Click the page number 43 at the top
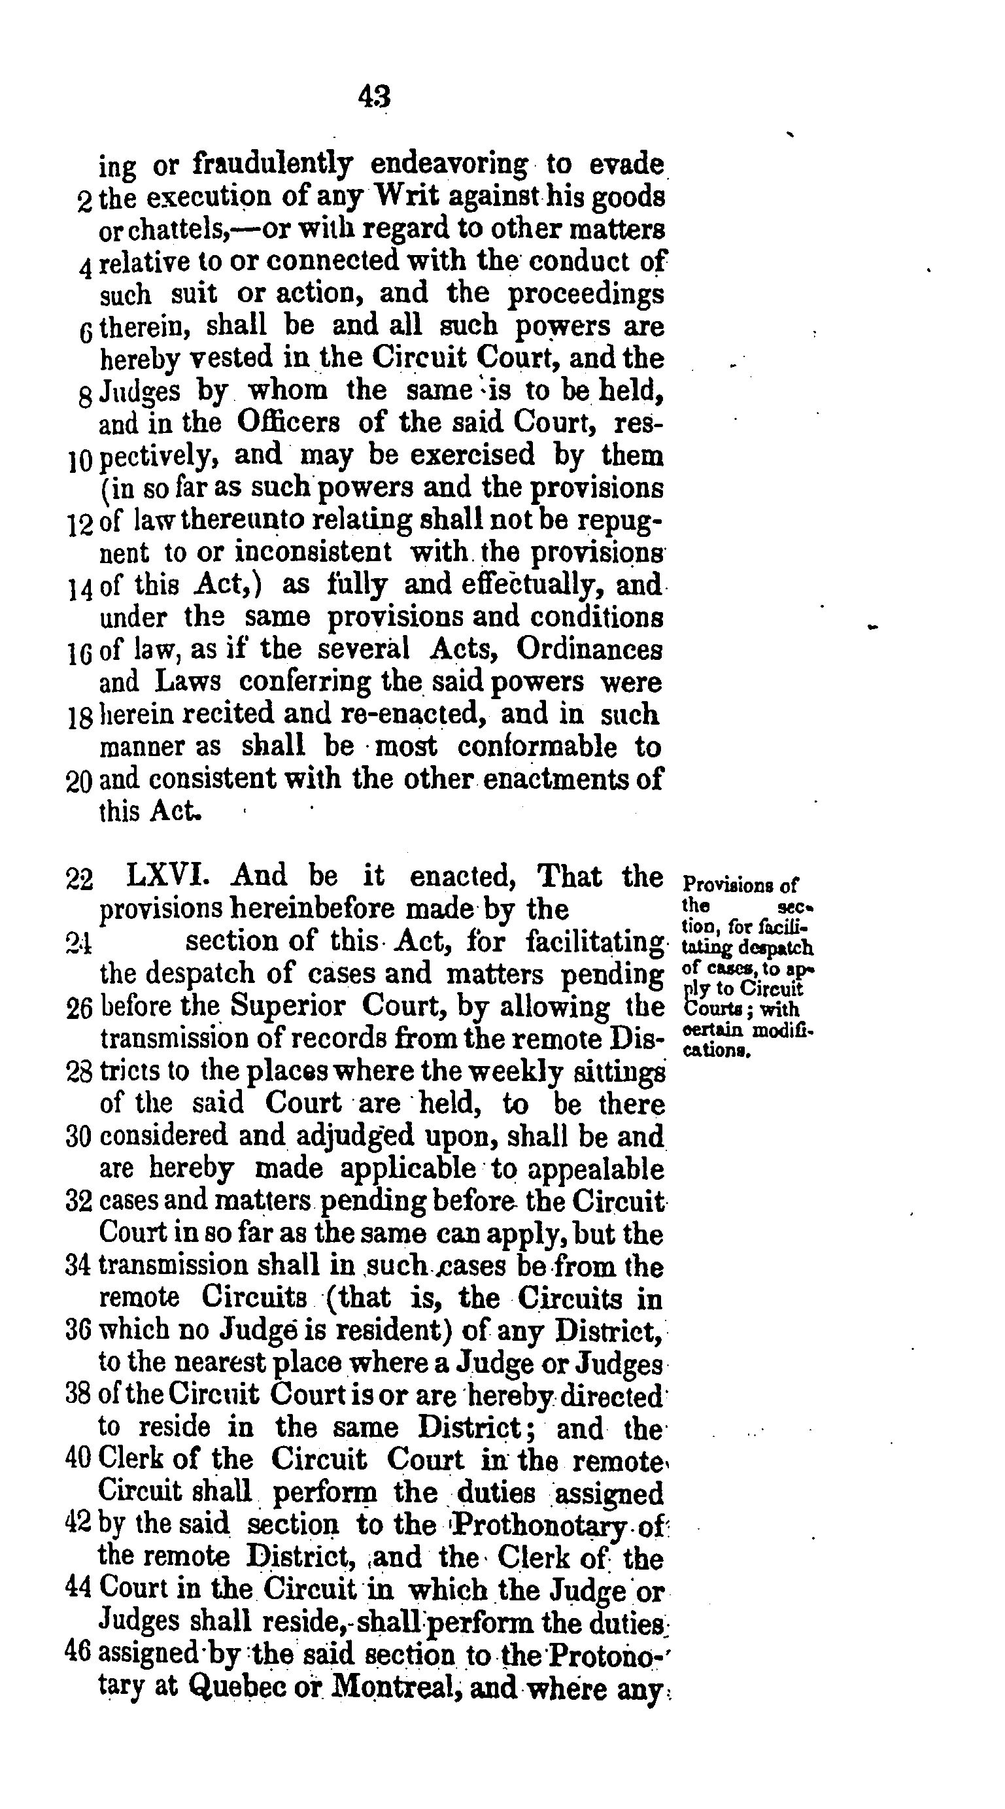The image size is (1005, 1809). (374, 97)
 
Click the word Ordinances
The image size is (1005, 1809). (589, 649)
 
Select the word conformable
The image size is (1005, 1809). (537, 746)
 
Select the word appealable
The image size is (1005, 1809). (594, 1169)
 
